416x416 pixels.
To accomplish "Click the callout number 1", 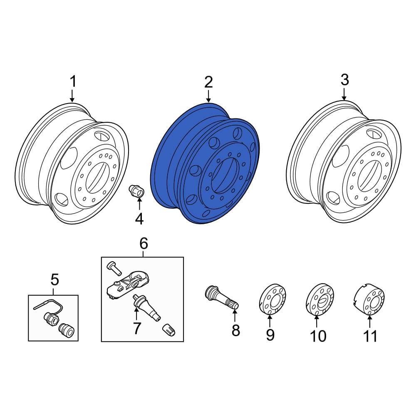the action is [73, 81].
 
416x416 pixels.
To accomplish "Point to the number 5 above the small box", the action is [54, 280].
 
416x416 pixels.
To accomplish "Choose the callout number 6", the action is [144, 243].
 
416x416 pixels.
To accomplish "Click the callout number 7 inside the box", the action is [136, 329].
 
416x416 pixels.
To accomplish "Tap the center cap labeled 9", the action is [272, 299].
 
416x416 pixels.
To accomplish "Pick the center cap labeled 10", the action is [320, 299].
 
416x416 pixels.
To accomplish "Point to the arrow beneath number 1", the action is [72, 96].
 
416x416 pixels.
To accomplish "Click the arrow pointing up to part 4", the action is [139, 204].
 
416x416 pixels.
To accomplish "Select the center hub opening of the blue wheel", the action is [225, 176].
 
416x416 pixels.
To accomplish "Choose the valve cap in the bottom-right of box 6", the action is [169, 330].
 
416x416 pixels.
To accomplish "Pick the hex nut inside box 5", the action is [51, 318].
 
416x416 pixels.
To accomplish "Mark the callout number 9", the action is [270, 335].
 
